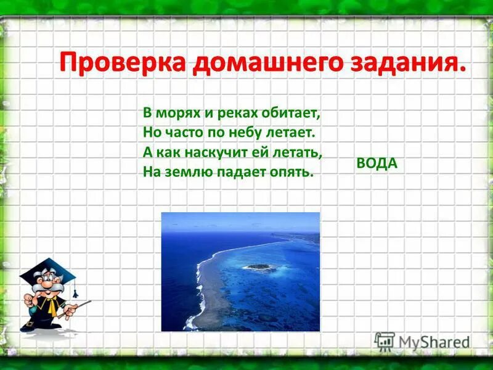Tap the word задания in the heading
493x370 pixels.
point(400,64)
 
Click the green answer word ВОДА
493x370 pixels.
point(377,163)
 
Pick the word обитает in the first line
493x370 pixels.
point(295,114)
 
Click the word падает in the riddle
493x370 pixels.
point(245,171)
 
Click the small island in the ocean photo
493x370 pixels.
point(259,267)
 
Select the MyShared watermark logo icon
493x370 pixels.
point(385,342)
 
